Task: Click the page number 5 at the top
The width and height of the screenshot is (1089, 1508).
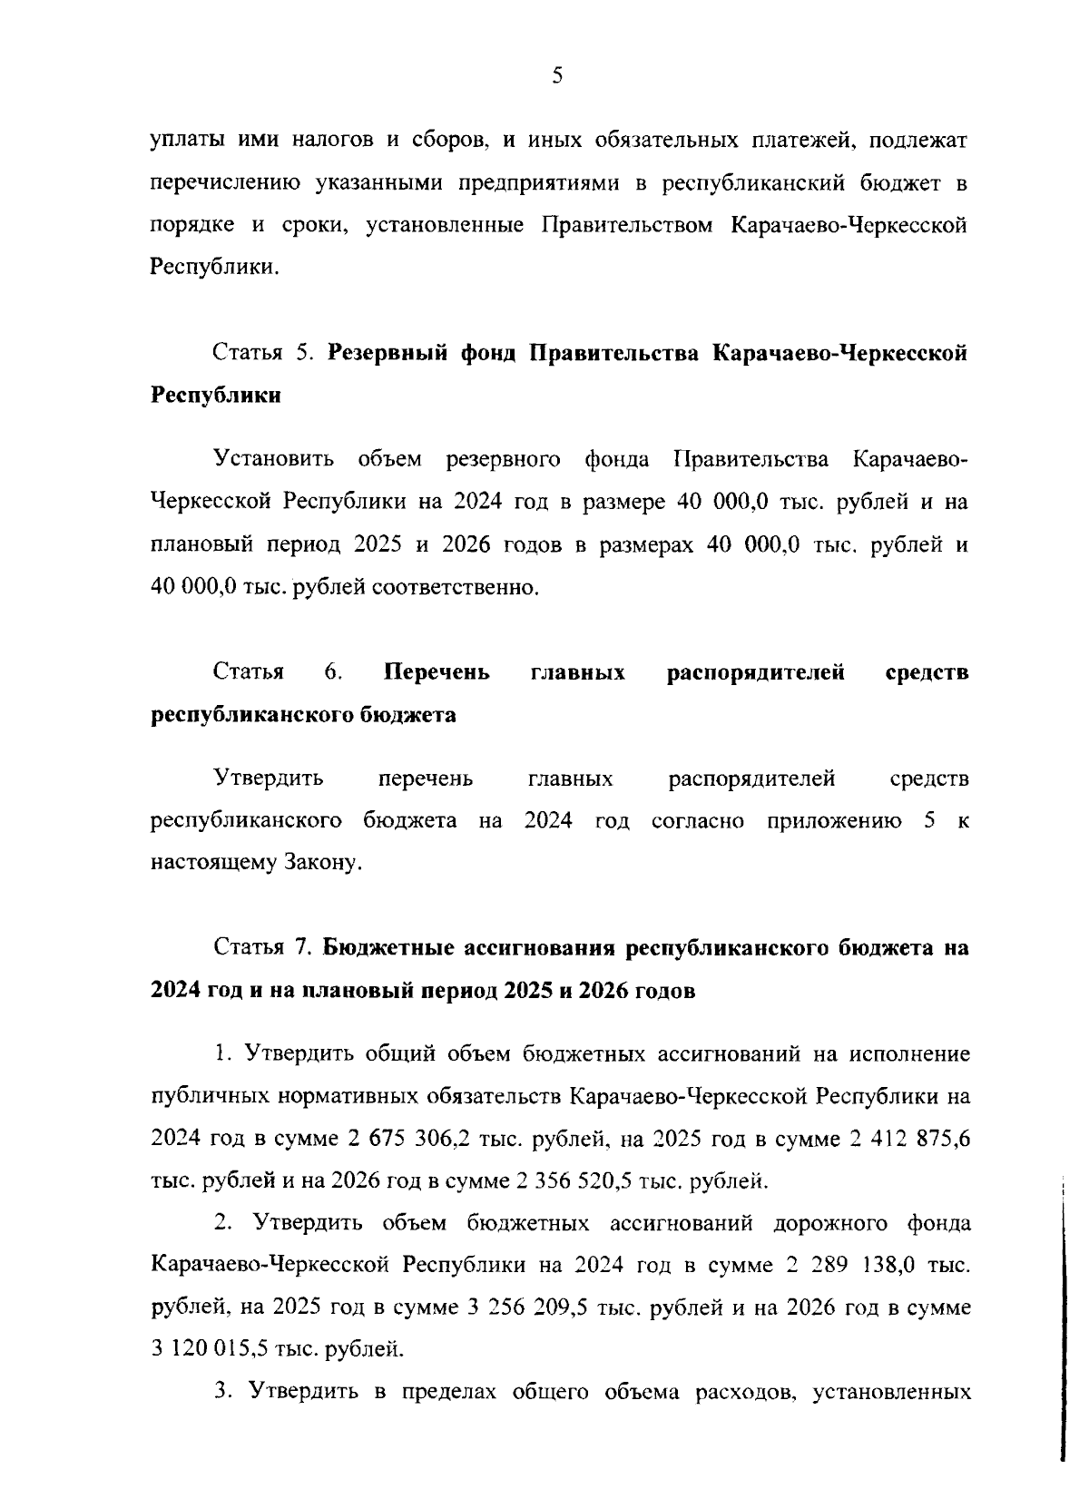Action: (556, 77)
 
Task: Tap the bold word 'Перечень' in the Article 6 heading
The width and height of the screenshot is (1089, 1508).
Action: (437, 672)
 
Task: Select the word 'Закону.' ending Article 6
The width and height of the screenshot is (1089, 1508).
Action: (324, 863)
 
